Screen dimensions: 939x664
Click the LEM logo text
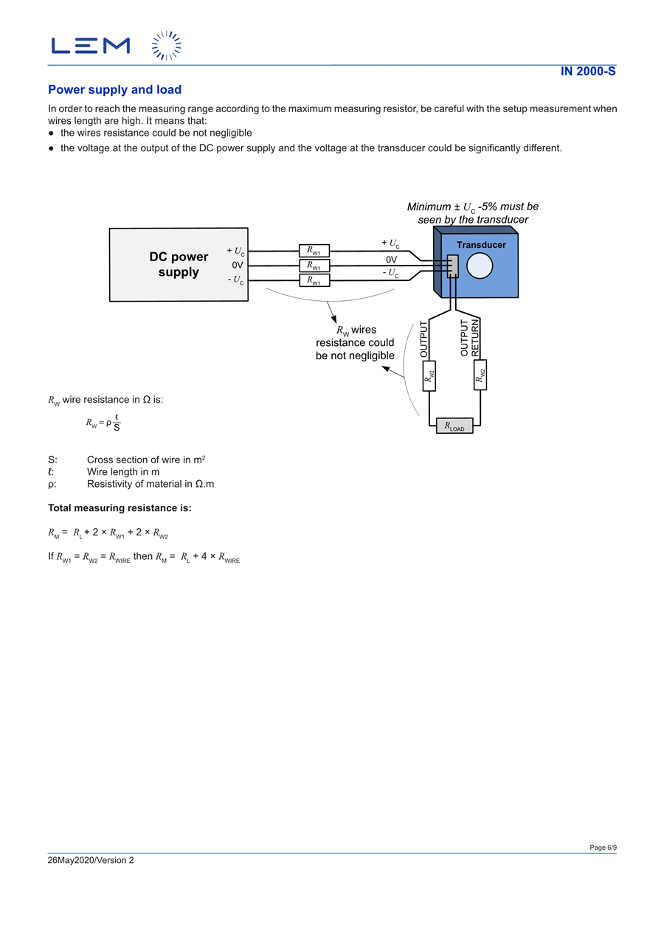(90, 46)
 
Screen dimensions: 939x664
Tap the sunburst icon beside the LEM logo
(167, 46)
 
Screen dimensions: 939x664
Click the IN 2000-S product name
(588, 72)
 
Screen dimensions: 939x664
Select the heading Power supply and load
(114, 90)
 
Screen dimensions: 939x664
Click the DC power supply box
(179, 264)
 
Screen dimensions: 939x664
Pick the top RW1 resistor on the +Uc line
(314, 251)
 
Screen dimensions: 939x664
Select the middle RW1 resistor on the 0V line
(314, 266)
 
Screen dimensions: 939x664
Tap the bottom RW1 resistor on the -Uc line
(314, 280)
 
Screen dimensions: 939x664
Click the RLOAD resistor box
(454, 426)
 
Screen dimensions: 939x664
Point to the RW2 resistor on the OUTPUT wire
(429, 375)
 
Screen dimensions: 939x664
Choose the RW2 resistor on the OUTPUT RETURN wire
(481, 375)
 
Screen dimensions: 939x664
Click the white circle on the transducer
(480, 266)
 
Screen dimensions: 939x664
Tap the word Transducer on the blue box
(481, 245)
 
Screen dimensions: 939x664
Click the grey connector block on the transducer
(452, 266)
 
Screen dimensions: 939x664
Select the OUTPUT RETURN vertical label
(470, 338)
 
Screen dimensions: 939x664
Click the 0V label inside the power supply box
(238, 265)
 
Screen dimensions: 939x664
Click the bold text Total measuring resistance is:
(120, 508)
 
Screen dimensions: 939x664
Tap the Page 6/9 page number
(603, 848)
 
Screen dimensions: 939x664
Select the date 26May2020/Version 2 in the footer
(91, 860)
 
